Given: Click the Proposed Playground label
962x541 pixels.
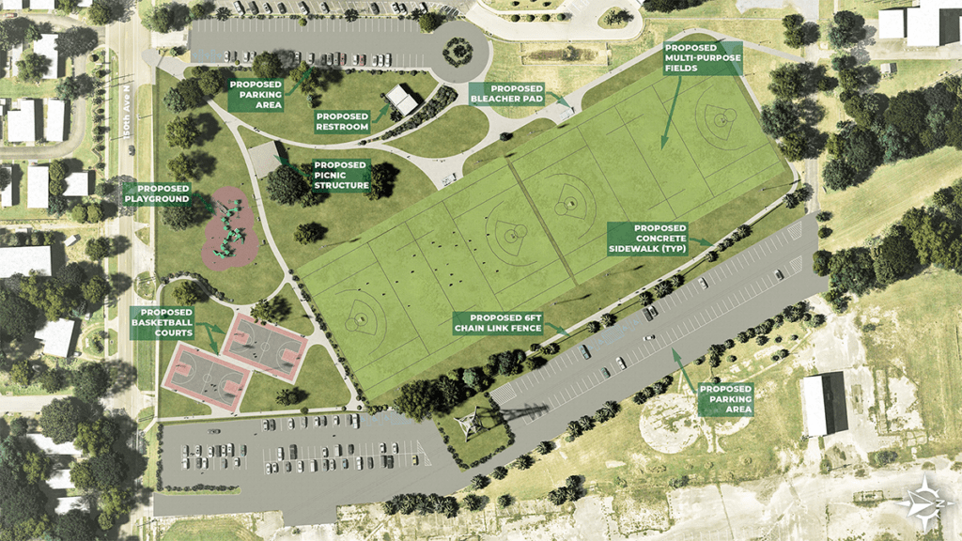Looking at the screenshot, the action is pyautogui.click(x=158, y=193).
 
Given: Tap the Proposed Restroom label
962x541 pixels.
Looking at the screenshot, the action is pyautogui.click(x=342, y=122).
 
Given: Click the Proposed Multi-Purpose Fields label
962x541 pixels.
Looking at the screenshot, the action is pyautogui.click(x=702, y=59).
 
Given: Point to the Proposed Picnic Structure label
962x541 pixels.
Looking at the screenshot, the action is pyautogui.click(x=341, y=174).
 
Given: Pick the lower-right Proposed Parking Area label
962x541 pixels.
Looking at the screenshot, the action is pyautogui.click(x=725, y=399).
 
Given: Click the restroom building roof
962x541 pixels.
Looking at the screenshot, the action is pyautogui.click(x=402, y=100).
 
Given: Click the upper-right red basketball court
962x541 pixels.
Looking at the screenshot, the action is pyautogui.click(x=265, y=346).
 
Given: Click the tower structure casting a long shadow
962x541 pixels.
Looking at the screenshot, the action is pyautogui.click(x=466, y=425).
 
